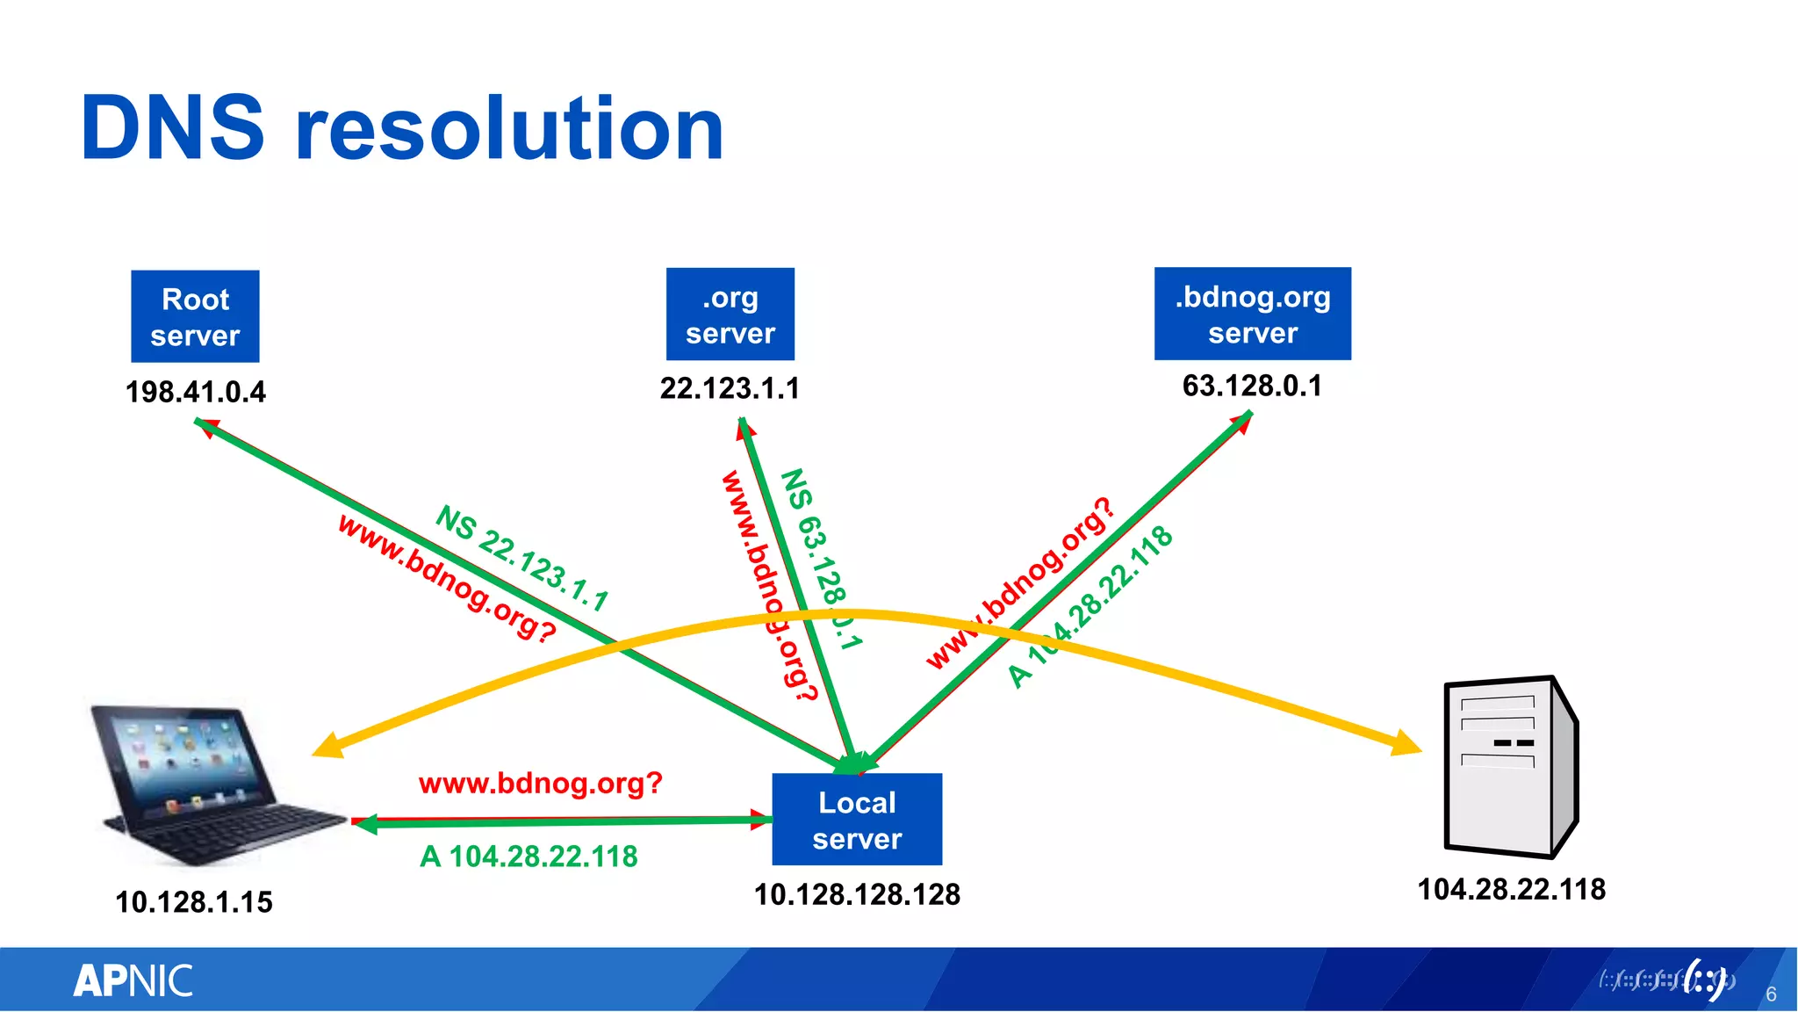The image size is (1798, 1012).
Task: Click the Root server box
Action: point(195,316)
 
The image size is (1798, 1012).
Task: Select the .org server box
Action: point(730,314)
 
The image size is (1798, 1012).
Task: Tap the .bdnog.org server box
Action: point(1252,314)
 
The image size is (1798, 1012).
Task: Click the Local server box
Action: point(857,820)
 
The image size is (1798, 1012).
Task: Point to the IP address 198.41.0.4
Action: point(195,392)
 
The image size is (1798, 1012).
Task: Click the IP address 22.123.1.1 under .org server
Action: point(730,388)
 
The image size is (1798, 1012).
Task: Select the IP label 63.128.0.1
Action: point(1252,386)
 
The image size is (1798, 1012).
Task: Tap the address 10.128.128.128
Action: point(857,894)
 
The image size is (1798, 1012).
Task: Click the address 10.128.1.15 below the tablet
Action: point(194,902)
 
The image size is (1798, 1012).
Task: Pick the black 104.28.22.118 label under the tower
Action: point(1511,889)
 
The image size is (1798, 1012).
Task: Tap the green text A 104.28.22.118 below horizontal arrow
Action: point(529,857)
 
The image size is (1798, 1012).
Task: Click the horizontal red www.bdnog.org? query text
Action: point(540,783)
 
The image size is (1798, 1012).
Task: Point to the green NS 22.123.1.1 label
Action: point(522,558)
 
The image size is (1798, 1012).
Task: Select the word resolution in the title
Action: point(509,130)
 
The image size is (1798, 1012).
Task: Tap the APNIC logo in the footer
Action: point(133,980)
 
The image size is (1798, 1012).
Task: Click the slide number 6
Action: point(1771,994)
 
